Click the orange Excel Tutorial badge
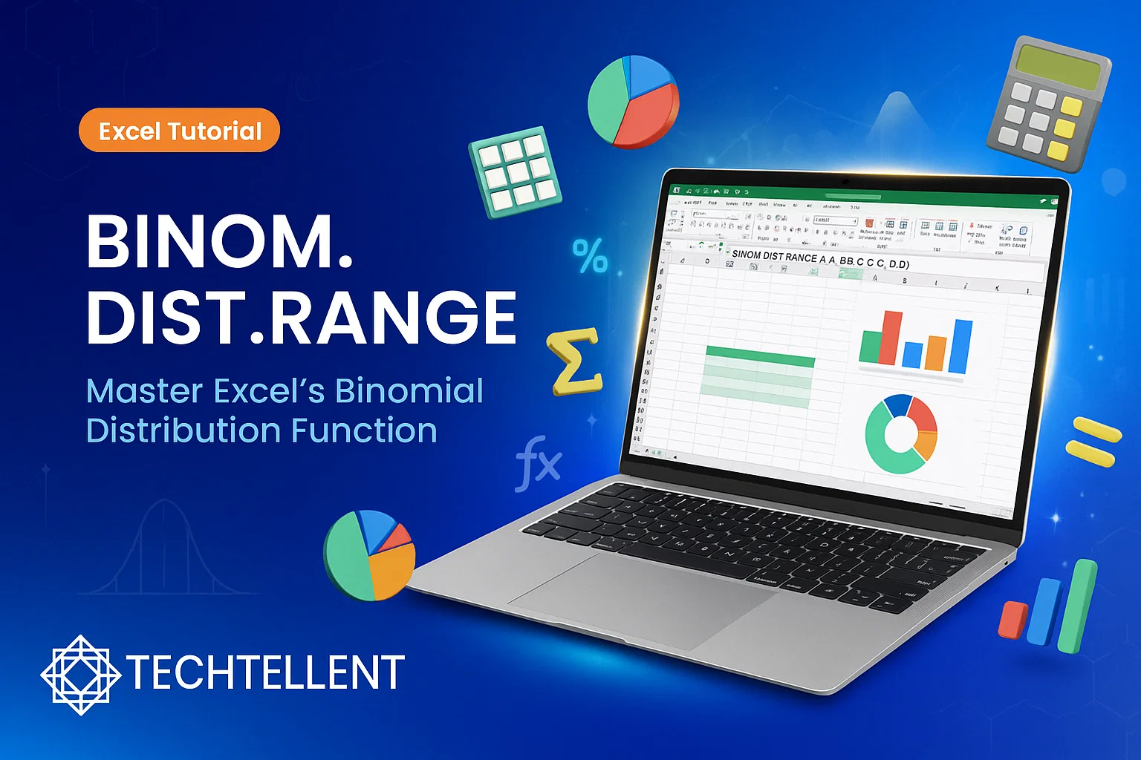tap(179, 131)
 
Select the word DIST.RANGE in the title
tap(301, 317)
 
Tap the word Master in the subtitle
tap(144, 391)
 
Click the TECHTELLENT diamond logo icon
tap(80, 674)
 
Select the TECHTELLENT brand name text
tap(265, 672)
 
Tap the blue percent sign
tap(591, 257)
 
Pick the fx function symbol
tap(538, 463)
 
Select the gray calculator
tap(1047, 104)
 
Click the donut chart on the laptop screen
tap(901, 434)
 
